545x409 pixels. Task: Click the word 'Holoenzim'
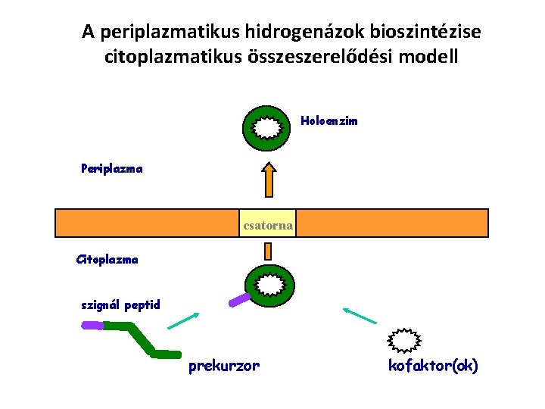(x=329, y=120)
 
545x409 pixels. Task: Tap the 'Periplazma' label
(x=111, y=168)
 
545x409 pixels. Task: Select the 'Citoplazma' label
(x=107, y=259)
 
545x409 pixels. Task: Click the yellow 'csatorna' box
(x=267, y=223)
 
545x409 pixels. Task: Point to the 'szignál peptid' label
(x=121, y=305)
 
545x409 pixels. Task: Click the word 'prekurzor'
(x=223, y=366)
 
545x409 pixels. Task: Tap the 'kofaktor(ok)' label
(x=433, y=366)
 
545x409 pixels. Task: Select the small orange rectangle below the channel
(x=267, y=251)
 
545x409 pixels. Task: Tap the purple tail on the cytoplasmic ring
(x=240, y=300)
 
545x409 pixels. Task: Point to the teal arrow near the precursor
(x=183, y=320)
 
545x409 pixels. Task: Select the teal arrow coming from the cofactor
(x=360, y=316)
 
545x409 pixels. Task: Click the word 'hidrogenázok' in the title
(x=303, y=32)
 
